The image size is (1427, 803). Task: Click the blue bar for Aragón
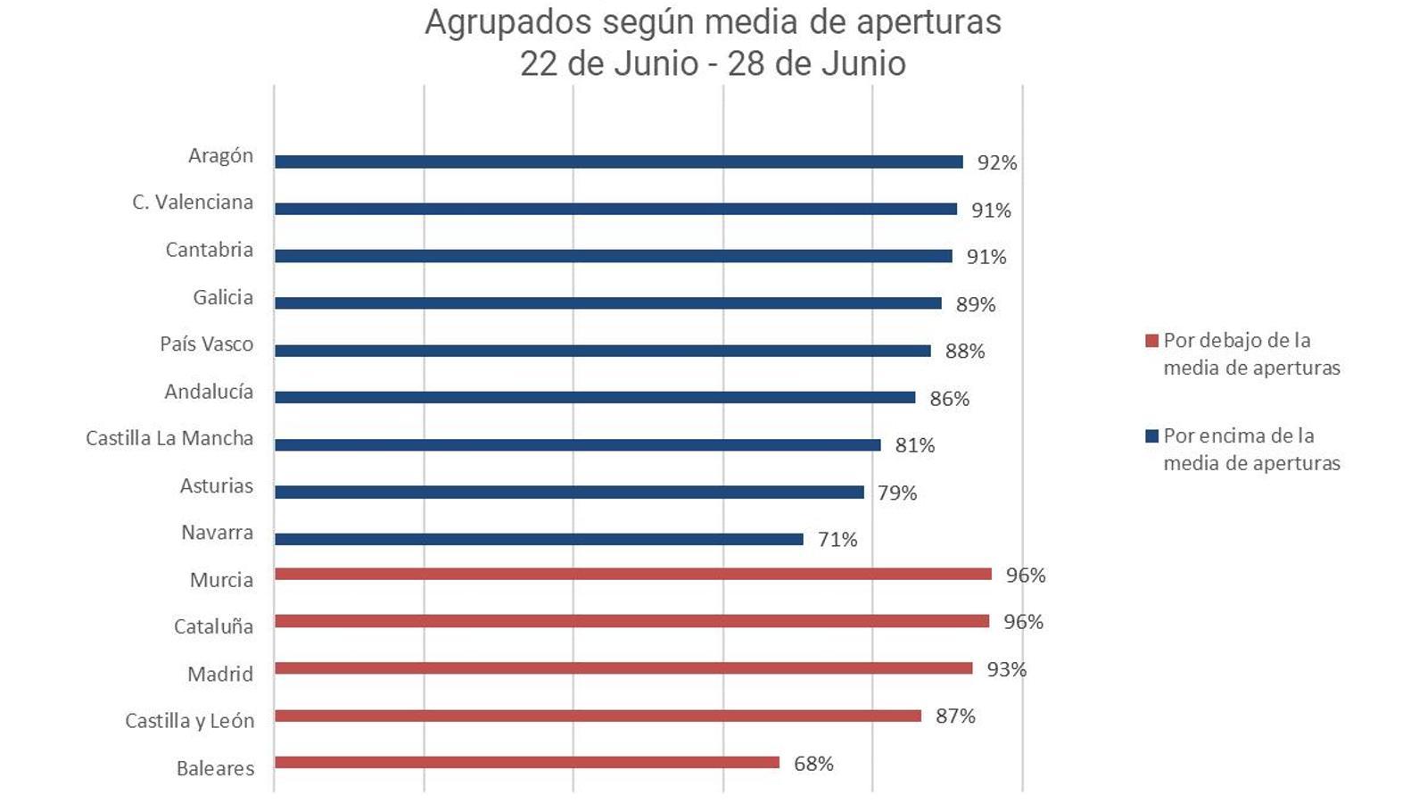618,161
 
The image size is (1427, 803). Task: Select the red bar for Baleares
526,763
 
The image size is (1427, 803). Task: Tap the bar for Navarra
539,539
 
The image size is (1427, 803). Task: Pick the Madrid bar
623,668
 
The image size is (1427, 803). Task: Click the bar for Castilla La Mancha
577,444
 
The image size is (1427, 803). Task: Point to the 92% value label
996,162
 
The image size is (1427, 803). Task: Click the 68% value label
813,764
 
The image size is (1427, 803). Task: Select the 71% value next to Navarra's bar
837,539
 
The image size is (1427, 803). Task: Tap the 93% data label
1006,669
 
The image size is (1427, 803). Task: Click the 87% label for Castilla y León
955,716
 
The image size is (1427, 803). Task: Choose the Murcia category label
221,580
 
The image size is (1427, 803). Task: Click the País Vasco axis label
206,344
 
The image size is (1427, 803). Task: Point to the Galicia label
223,297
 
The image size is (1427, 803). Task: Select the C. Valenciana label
193,203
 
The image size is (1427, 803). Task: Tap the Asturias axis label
217,486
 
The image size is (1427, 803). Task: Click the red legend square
1151,341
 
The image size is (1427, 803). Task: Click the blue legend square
1151,436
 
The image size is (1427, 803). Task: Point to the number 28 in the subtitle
747,63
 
